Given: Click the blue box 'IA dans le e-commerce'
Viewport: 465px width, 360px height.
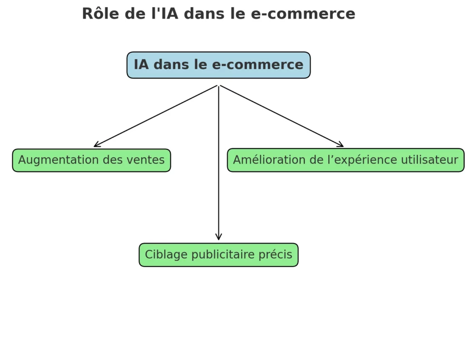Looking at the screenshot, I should pos(218,65).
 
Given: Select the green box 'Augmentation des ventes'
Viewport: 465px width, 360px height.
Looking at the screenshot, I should pos(91,160).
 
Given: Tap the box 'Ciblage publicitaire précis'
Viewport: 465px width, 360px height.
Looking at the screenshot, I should pos(218,255).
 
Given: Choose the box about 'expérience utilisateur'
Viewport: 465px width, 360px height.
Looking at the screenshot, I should pos(346,160).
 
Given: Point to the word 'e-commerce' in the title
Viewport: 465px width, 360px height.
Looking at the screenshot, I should pos(303,14).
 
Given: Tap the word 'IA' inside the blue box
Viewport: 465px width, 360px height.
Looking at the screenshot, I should pos(141,65).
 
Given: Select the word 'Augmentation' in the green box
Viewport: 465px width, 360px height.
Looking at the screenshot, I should pos(54,160).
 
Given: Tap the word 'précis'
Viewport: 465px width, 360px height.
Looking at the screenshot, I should pos(275,255).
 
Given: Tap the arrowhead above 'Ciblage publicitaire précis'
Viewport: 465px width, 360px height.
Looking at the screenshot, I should pos(218,237).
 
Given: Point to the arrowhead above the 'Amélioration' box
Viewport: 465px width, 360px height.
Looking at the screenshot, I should pos(341,145).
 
